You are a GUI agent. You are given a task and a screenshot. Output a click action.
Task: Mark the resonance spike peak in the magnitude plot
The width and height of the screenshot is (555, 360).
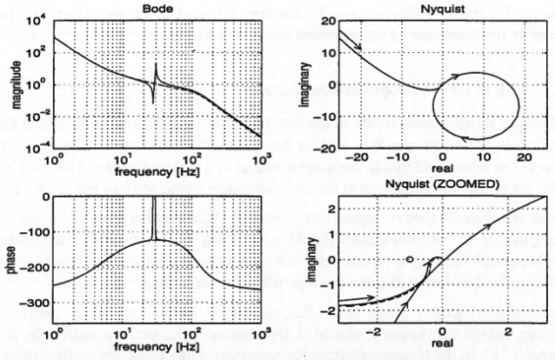click(x=155, y=64)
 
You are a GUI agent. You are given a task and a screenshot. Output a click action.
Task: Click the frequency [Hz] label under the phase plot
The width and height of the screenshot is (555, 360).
click(x=154, y=346)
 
